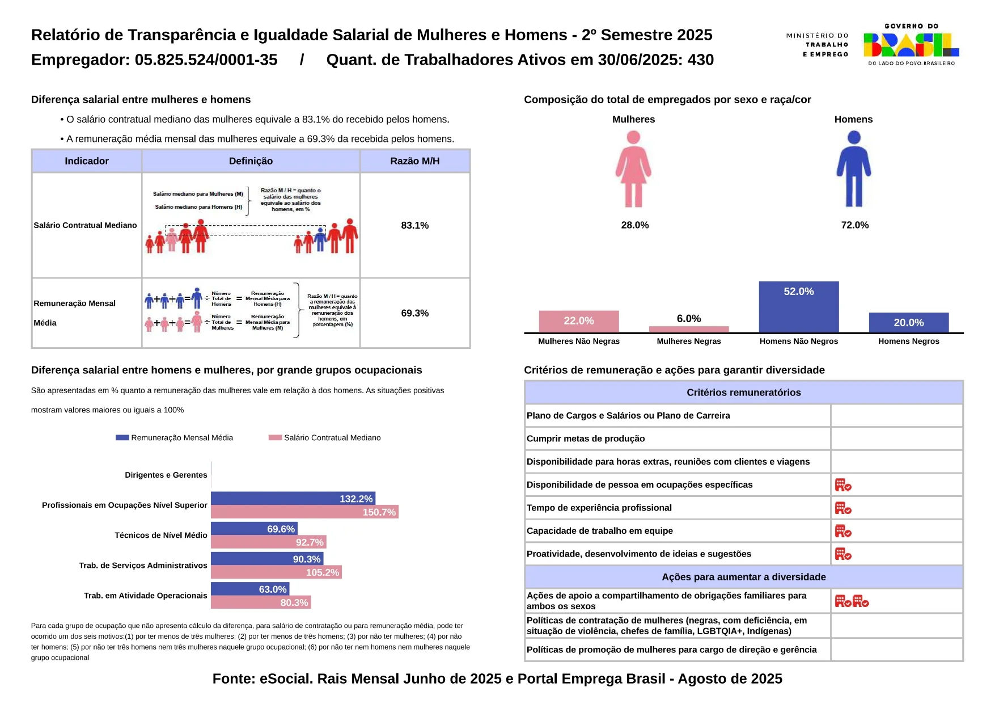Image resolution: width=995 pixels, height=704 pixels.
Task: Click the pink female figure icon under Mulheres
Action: click(x=633, y=169)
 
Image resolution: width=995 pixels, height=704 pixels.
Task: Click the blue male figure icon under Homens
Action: click(x=853, y=169)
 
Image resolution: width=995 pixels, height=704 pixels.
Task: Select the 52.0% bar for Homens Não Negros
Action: click(x=798, y=307)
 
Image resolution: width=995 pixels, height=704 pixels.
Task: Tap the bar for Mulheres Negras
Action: click(x=688, y=329)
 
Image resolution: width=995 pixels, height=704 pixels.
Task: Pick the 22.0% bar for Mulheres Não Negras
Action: click(x=578, y=321)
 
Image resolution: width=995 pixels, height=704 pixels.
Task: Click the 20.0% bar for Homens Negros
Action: click(x=908, y=322)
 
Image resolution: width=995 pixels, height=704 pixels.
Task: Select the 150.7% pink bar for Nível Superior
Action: click(x=304, y=512)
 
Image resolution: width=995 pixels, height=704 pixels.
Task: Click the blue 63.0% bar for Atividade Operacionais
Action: click(x=250, y=589)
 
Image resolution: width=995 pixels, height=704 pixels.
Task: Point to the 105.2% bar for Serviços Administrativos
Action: click(x=276, y=572)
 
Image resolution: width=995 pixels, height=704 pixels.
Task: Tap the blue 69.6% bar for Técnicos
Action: click(x=254, y=529)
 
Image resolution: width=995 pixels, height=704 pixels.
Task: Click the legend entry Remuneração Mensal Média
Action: click(x=175, y=437)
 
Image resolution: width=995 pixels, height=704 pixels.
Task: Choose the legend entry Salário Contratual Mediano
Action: click(x=325, y=437)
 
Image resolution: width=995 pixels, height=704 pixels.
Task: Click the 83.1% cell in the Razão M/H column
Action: click(x=414, y=225)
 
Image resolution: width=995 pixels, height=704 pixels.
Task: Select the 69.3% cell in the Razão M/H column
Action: click(x=414, y=313)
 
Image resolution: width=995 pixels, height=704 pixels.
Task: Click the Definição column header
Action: click(x=251, y=161)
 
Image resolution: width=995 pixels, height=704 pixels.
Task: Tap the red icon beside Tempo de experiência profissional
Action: click(x=842, y=508)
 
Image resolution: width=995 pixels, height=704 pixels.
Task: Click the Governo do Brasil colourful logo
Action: click(x=911, y=45)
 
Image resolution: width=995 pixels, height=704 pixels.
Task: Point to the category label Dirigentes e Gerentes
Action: click(x=166, y=475)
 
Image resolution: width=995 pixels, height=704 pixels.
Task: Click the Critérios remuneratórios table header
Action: click(x=743, y=393)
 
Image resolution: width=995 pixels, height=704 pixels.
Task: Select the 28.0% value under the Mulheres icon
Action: click(x=634, y=225)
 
